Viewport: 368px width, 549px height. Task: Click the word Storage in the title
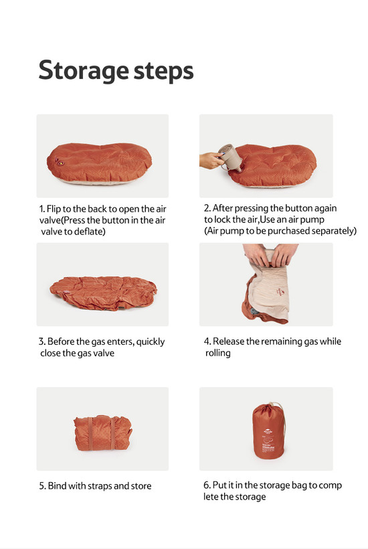tap(83, 71)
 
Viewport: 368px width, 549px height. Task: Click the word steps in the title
tap(164, 72)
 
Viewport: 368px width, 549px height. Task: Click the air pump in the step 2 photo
tap(229, 157)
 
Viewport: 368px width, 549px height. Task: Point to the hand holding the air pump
tap(211, 161)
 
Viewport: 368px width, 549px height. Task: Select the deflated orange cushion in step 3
tap(104, 293)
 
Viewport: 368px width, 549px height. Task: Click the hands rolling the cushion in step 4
tap(270, 254)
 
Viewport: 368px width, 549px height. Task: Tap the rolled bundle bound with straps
tap(103, 433)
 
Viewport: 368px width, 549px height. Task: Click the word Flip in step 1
tap(54, 210)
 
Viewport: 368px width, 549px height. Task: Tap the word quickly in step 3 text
tap(151, 342)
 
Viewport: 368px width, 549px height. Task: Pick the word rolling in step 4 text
tap(217, 354)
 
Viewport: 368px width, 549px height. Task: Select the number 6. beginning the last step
tap(207, 485)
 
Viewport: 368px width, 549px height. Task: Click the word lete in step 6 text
tap(211, 497)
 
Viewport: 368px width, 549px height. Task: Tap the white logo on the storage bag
tap(268, 431)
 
